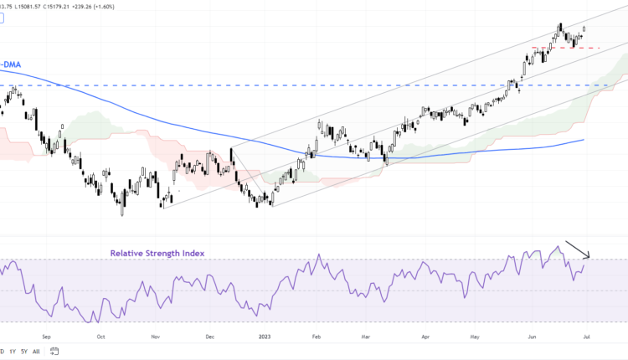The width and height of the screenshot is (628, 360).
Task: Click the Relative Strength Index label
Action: click(157, 252)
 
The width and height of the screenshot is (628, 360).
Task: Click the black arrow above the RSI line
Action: click(579, 249)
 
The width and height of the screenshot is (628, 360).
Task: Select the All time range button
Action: click(36, 352)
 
